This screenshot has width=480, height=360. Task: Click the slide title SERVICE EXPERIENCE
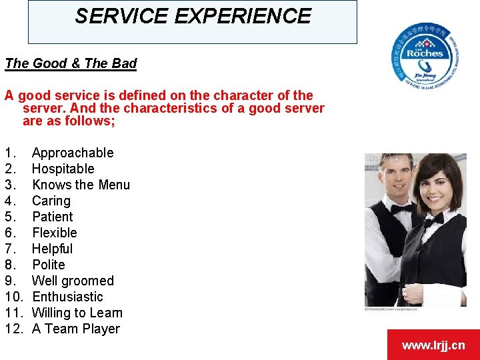tap(193, 17)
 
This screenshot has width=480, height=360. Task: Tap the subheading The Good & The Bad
tap(71, 64)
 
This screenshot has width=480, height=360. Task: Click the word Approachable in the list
tap(73, 153)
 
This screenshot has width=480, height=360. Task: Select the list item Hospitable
tap(63, 169)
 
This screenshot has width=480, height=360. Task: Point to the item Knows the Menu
tap(81, 185)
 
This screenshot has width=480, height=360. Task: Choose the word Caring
tap(51, 201)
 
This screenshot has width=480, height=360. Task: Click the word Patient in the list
tap(53, 217)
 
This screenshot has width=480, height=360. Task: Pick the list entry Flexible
tap(55, 233)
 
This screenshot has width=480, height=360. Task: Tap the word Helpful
tap(53, 249)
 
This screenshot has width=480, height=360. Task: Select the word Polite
tap(49, 265)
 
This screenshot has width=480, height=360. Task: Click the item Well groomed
tap(73, 281)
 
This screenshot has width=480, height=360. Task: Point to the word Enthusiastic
tap(67, 297)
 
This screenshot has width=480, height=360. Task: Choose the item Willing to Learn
tap(77, 313)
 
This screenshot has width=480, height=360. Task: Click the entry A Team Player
tap(76, 329)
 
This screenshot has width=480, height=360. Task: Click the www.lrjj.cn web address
tap(433, 345)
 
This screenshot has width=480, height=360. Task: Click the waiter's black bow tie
tap(402, 209)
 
